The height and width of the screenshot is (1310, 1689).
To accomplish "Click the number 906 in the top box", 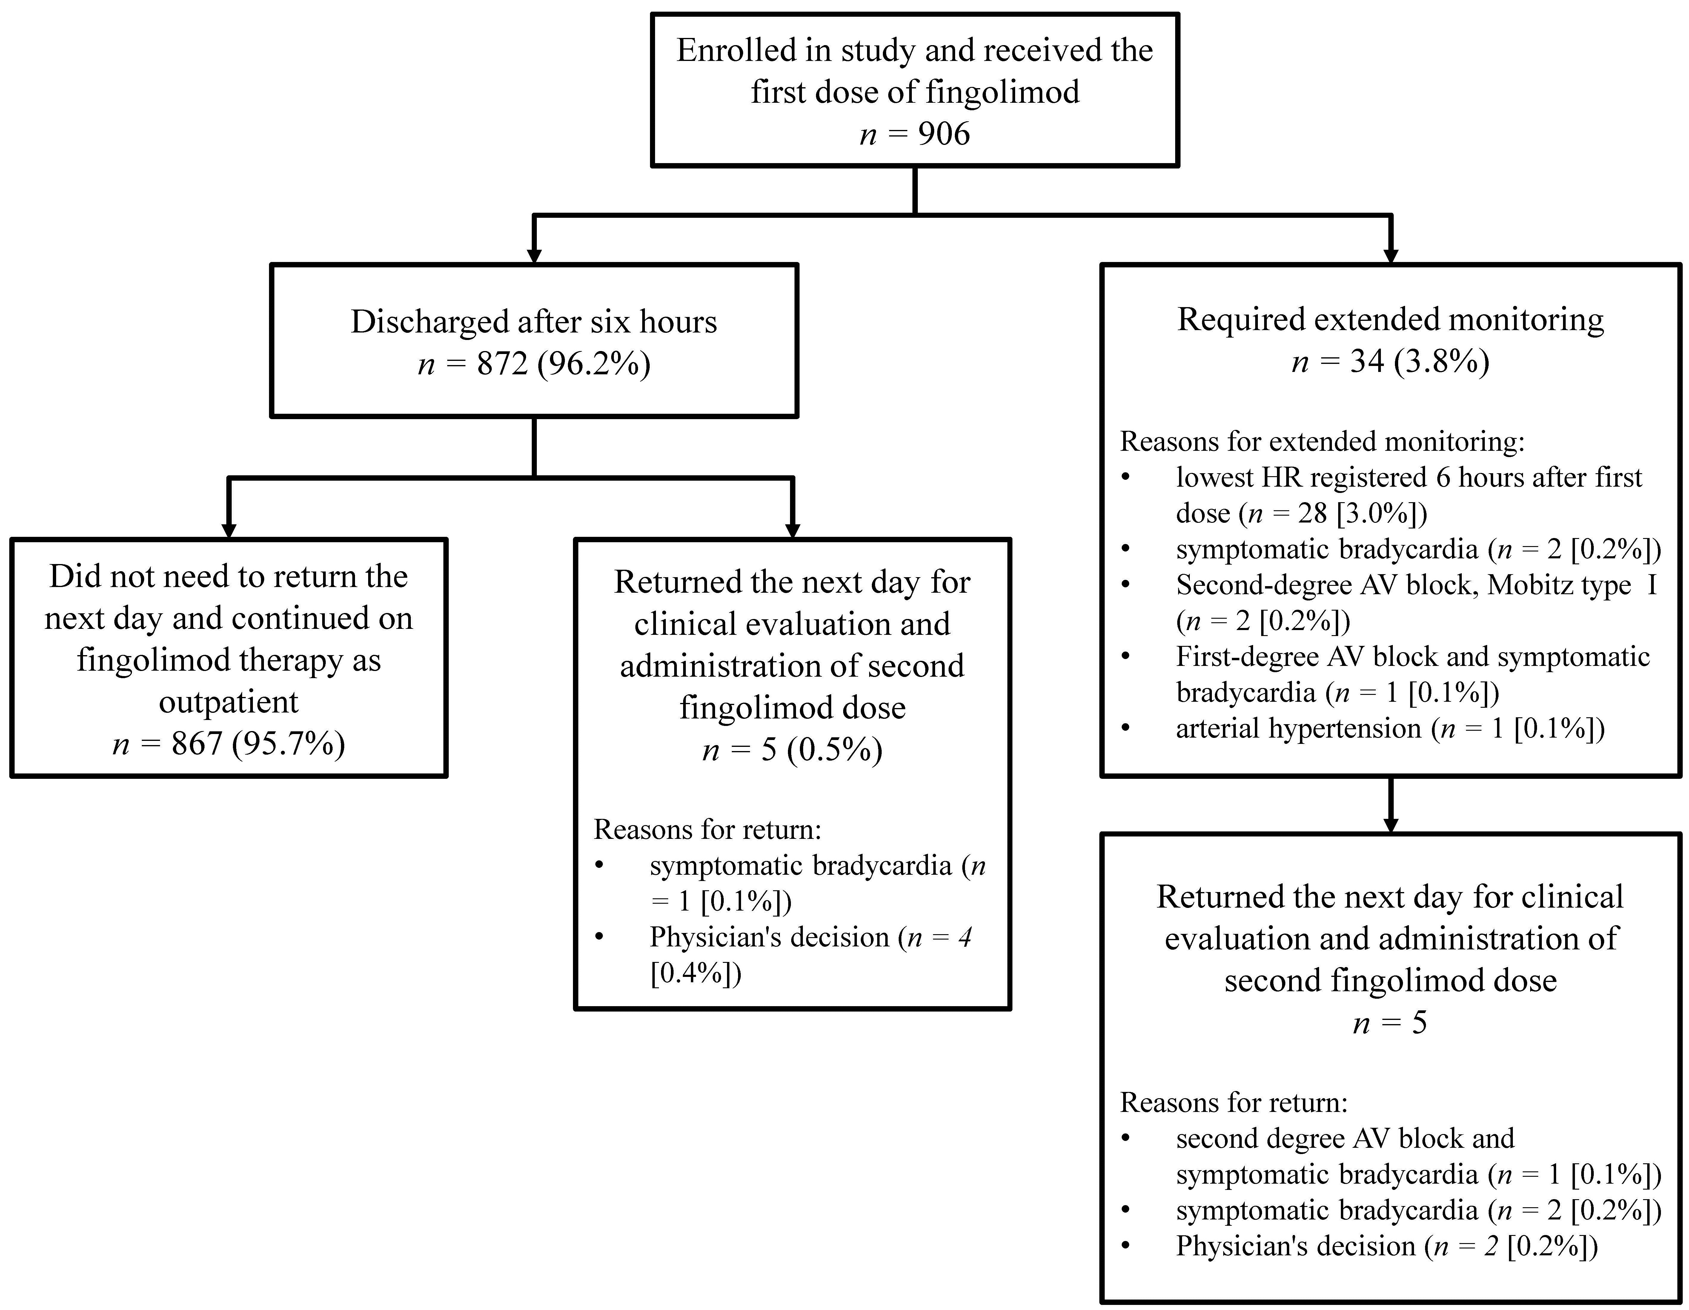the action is click(943, 134).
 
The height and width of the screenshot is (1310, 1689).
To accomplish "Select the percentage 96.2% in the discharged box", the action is click(594, 363).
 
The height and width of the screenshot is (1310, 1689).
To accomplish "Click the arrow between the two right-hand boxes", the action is click(1390, 805).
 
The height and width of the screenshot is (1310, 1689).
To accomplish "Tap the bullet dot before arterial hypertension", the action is click(1125, 728).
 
